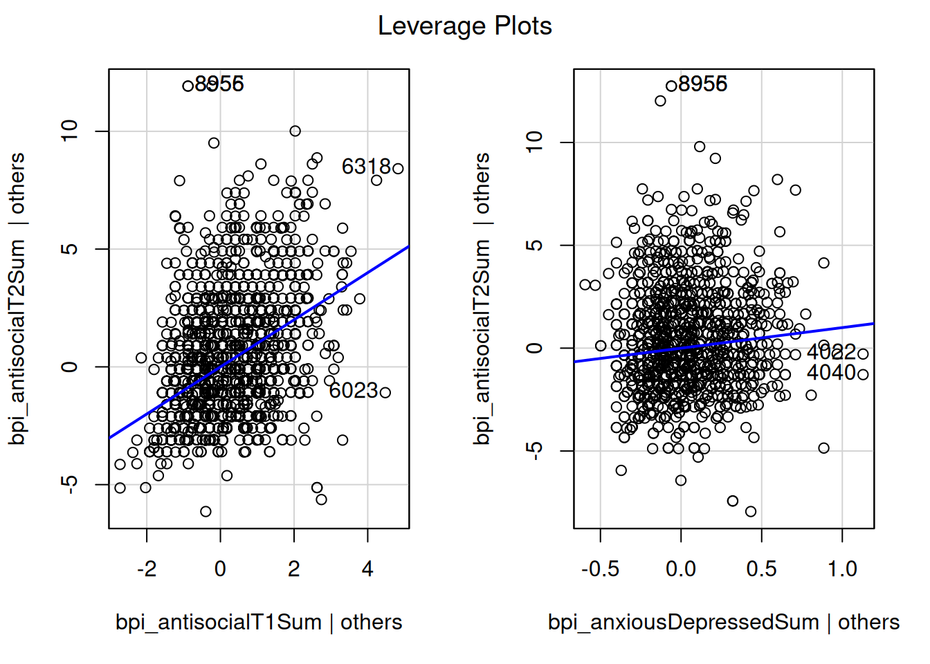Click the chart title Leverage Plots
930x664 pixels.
pos(464,26)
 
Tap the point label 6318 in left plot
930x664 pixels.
pos(366,167)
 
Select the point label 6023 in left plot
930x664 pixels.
pos(353,391)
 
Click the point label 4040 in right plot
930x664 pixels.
pos(831,373)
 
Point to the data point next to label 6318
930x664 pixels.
pos(398,168)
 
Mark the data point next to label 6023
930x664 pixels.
pos(385,392)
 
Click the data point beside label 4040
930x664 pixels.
pos(863,374)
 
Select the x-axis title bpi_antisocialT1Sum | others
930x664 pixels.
pos(258,622)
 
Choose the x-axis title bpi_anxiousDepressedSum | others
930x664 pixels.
pos(723,622)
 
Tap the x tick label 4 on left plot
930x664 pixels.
pos(367,569)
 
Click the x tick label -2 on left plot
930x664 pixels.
pos(146,569)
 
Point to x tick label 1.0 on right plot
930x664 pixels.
pos(842,569)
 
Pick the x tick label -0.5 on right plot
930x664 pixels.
pos(600,569)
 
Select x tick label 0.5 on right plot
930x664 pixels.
pos(761,569)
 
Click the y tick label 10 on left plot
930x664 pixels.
pos(70,131)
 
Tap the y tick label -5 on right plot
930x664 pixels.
pos(535,451)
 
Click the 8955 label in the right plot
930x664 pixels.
pos(702,84)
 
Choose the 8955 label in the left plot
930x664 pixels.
pos(219,84)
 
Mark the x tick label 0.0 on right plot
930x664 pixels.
pos(681,569)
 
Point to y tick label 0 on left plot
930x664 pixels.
pos(70,367)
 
